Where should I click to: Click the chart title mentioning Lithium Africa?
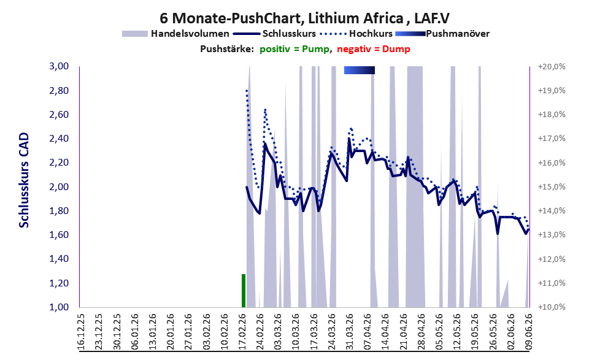click(x=304, y=18)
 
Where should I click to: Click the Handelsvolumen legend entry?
click(x=175, y=34)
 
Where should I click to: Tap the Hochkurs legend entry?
click(x=356, y=34)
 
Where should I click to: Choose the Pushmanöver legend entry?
click(x=442, y=34)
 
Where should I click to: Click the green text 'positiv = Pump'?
click(x=296, y=49)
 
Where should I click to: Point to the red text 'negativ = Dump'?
click(x=374, y=49)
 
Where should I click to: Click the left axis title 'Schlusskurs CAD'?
click(x=24, y=180)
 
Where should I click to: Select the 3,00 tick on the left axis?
click(x=59, y=66)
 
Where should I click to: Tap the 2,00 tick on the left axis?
click(x=59, y=187)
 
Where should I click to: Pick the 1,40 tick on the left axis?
click(x=59, y=259)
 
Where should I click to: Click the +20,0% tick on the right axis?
click(x=552, y=67)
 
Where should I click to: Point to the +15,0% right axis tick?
click(x=552, y=187)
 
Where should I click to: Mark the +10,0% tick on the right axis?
click(x=552, y=307)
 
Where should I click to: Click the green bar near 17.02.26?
click(x=244, y=291)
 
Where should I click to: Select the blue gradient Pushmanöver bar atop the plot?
click(x=360, y=70)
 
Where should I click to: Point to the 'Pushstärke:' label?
click(x=227, y=49)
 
